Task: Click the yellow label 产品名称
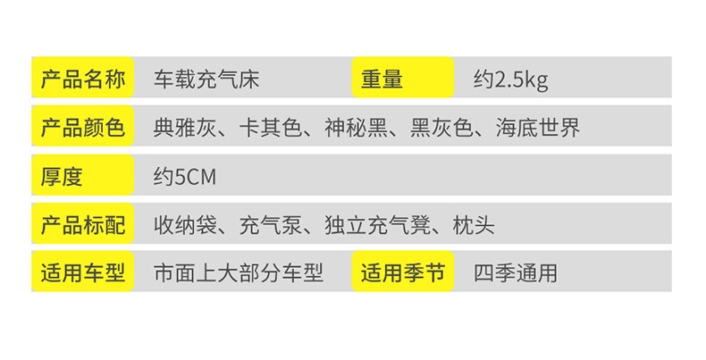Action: pyautogui.click(x=82, y=79)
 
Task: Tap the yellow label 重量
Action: pyautogui.click(x=401, y=79)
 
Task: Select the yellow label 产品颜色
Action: pyautogui.click(x=82, y=128)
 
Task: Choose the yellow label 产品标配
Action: pyautogui.click(x=82, y=224)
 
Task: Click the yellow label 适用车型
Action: pyautogui.click(x=82, y=272)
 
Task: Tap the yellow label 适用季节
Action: pyautogui.click(x=402, y=272)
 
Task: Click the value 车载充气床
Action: pyautogui.click(x=206, y=80)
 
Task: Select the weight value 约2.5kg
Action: pyautogui.click(x=510, y=80)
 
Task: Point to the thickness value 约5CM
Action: pyautogui.click(x=184, y=176)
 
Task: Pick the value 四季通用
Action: pyautogui.click(x=516, y=272)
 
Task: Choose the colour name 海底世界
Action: pyautogui.click(x=538, y=128)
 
